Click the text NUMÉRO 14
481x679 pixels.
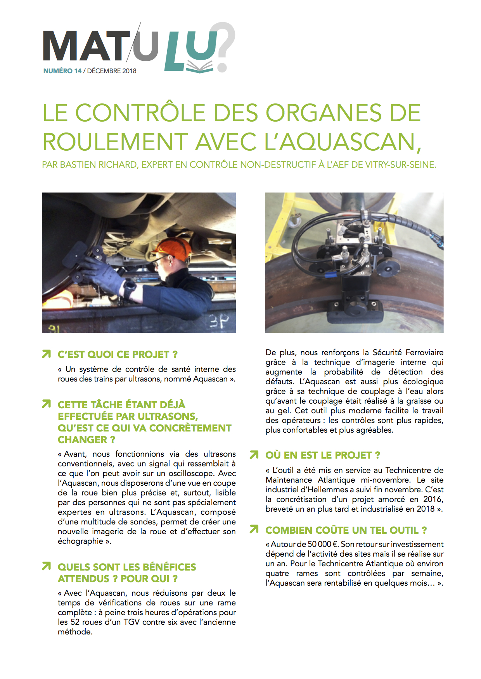click(x=62, y=71)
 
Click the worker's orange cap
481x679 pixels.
click(x=174, y=248)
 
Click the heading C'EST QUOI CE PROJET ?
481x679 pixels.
click(x=118, y=354)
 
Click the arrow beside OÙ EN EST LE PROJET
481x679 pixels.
click(x=254, y=455)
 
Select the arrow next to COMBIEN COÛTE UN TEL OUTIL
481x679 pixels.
click(x=254, y=529)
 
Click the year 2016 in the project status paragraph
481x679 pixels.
click(x=433, y=499)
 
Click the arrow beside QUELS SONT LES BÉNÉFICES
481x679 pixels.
click(x=46, y=566)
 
